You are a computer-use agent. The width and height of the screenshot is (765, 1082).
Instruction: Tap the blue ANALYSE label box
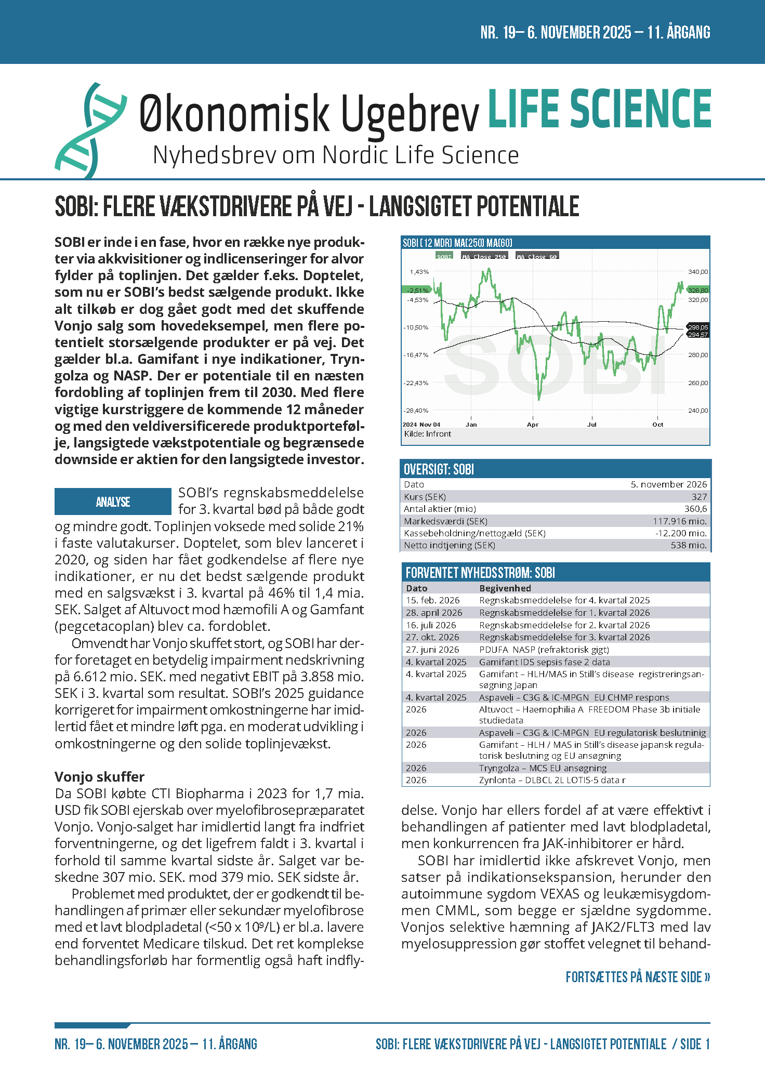tap(113, 502)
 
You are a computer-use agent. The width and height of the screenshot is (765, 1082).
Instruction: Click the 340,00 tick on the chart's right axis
tap(697, 272)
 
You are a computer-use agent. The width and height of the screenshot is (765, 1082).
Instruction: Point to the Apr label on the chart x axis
tap(532, 425)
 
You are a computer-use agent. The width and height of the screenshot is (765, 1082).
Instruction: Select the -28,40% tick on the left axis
tap(416, 411)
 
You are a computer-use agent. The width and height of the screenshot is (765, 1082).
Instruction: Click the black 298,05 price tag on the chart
tap(697, 327)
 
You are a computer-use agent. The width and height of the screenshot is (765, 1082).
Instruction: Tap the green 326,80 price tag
tap(697, 290)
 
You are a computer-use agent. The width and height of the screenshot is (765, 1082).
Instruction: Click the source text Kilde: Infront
tap(427, 434)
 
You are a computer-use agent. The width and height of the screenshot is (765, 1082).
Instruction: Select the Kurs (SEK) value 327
tap(699, 497)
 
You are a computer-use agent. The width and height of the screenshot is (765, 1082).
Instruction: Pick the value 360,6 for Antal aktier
tap(695, 509)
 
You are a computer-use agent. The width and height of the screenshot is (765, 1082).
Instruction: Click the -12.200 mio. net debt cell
tap(681, 533)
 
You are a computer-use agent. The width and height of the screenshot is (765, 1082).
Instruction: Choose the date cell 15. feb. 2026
tap(432, 600)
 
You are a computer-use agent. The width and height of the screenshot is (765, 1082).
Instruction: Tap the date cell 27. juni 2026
tap(432, 650)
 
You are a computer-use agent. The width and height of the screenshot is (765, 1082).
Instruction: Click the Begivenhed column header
tap(505, 588)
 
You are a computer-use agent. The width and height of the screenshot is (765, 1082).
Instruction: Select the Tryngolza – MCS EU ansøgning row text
tap(543, 768)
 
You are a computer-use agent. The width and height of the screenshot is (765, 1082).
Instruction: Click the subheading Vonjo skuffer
tap(99, 776)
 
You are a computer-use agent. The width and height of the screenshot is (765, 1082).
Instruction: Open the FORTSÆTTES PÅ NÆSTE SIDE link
tap(638, 977)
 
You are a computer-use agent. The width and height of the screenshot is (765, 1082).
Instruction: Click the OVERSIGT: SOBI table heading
tap(439, 470)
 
